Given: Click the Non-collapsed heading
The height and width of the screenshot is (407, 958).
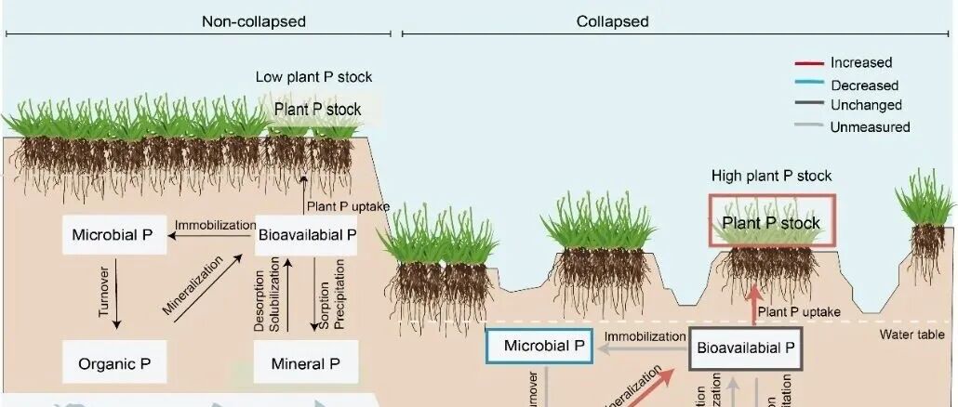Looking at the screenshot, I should [253, 21].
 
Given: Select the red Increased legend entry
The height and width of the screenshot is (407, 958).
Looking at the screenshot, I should [861, 63].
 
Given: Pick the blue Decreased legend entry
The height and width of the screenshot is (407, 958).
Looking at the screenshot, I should [864, 85].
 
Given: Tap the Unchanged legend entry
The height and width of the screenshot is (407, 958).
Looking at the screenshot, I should [866, 105].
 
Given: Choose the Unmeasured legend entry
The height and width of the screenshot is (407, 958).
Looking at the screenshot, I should [870, 126].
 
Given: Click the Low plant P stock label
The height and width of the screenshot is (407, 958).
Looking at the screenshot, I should [313, 77].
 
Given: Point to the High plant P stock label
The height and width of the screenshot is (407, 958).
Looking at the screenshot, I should [771, 176].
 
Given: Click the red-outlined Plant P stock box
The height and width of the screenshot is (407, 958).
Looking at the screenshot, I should [771, 222].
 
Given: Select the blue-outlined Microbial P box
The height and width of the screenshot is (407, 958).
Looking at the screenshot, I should [539, 347].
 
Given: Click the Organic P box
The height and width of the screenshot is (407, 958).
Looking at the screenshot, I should [114, 363].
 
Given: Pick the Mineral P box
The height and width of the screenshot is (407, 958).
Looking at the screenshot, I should [306, 363].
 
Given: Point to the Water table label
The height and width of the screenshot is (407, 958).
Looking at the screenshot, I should [918, 335].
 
